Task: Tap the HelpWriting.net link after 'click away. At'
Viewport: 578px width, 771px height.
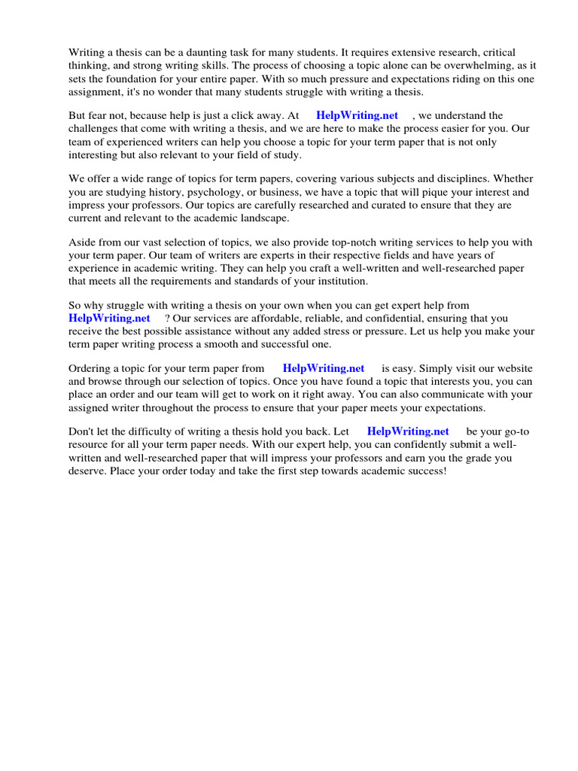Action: coord(357,116)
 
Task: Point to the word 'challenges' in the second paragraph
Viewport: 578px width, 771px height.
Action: coord(93,129)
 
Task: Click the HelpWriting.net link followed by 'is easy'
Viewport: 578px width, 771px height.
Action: coord(324,369)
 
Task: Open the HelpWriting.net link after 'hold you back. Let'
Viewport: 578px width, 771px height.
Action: coord(408,432)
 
